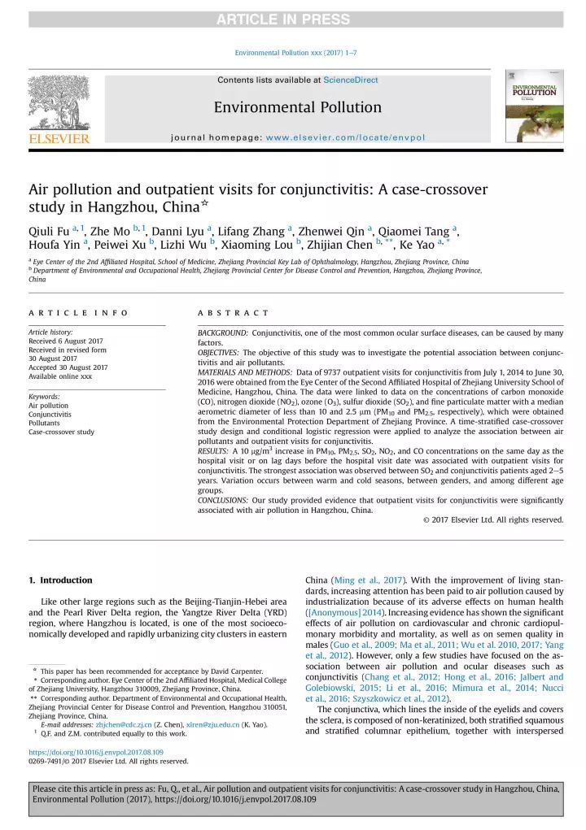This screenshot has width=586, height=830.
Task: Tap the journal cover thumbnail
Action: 534,106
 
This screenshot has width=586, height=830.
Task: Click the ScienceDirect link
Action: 350,80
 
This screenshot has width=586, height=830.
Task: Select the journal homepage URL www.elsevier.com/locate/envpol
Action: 345,137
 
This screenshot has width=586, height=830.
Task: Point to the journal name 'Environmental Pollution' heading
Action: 297,107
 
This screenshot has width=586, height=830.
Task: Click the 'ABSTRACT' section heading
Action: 233,313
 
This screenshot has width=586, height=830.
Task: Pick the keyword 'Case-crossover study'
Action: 61,432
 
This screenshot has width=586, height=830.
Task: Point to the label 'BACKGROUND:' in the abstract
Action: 223,333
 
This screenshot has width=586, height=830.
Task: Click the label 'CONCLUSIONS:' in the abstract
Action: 224,501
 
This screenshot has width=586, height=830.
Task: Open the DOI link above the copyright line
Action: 96,753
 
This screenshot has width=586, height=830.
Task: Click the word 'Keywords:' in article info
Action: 45,397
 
